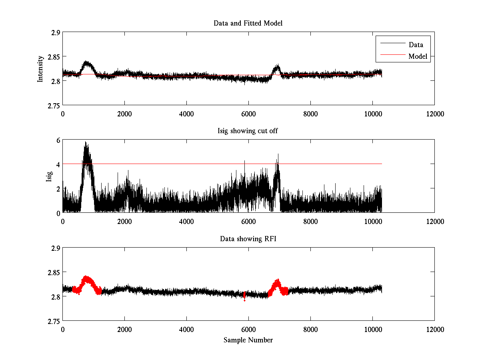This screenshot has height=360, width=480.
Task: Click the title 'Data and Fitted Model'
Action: click(x=248, y=23)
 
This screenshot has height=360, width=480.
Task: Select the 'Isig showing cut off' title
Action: click(x=248, y=131)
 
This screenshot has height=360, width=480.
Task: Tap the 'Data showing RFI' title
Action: click(x=248, y=239)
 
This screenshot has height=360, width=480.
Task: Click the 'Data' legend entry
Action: click(x=416, y=45)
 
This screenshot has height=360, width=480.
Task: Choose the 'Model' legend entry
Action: click(x=418, y=56)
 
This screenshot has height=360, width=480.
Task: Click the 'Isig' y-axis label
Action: click(x=49, y=176)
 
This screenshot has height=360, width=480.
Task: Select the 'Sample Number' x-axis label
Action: click(x=248, y=340)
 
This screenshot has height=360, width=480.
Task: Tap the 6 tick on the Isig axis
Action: click(x=58, y=140)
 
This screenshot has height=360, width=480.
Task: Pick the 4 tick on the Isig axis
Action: click(x=58, y=164)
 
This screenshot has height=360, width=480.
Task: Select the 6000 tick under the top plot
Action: click(x=248, y=114)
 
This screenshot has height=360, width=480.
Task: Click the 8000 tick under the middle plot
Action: click(x=310, y=221)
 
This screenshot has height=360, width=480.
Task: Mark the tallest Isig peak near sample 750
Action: click(x=86, y=143)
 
